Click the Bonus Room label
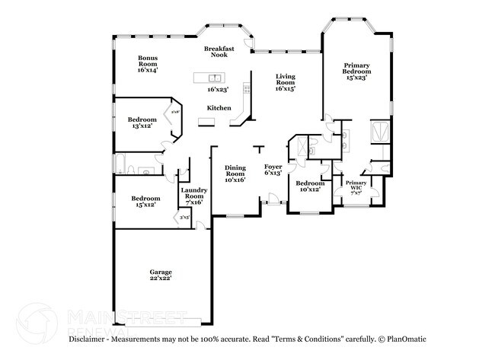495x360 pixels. click(x=148, y=64)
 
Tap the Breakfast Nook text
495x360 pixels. click(x=219, y=52)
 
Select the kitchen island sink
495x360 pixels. click(x=216, y=78)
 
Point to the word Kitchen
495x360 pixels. click(x=219, y=108)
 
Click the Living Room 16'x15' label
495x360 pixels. click(x=286, y=82)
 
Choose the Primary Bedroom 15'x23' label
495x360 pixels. click(x=356, y=72)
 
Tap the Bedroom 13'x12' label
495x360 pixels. click(x=142, y=123)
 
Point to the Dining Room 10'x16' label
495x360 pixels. click(x=235, y=174)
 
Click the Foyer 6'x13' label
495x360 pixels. click(x=273, y=169)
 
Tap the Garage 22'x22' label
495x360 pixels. click(x=160, y=275)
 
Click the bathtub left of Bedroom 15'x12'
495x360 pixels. click(x=121, y=164)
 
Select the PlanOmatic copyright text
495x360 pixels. click(x=406, y=339)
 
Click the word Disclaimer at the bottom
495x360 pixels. click(x=89, y=339)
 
